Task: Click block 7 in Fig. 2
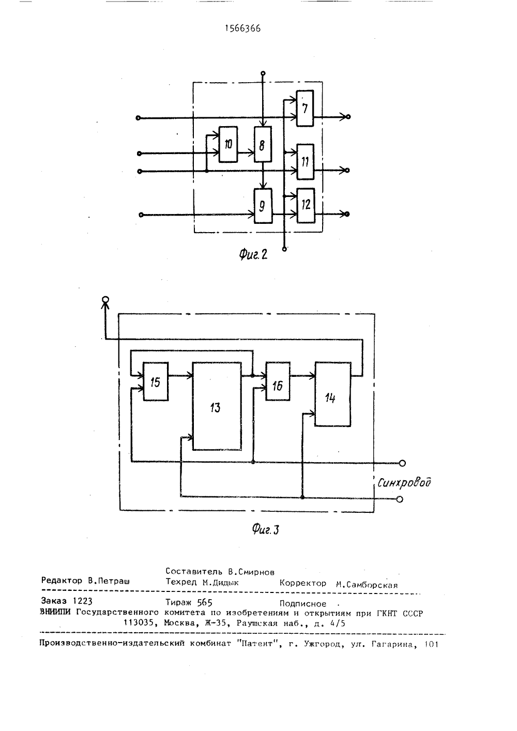point(305,109)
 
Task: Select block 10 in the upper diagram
point(228,144)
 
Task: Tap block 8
point(263,144)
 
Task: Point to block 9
point(263,206)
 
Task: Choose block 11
point(305,162)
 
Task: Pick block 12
point(306,206)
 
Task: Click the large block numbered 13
point(217,406)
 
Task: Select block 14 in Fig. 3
point(332,394)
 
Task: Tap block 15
point(156,381)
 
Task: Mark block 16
point(278,381)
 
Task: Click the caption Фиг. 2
point(253,254)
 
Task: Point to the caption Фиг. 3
point(266,529)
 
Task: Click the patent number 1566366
point(243,29)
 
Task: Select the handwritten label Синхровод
point(404,482)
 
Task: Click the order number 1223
point(82,601)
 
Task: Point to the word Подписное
point(302,604)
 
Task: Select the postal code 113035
point(139,622)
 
